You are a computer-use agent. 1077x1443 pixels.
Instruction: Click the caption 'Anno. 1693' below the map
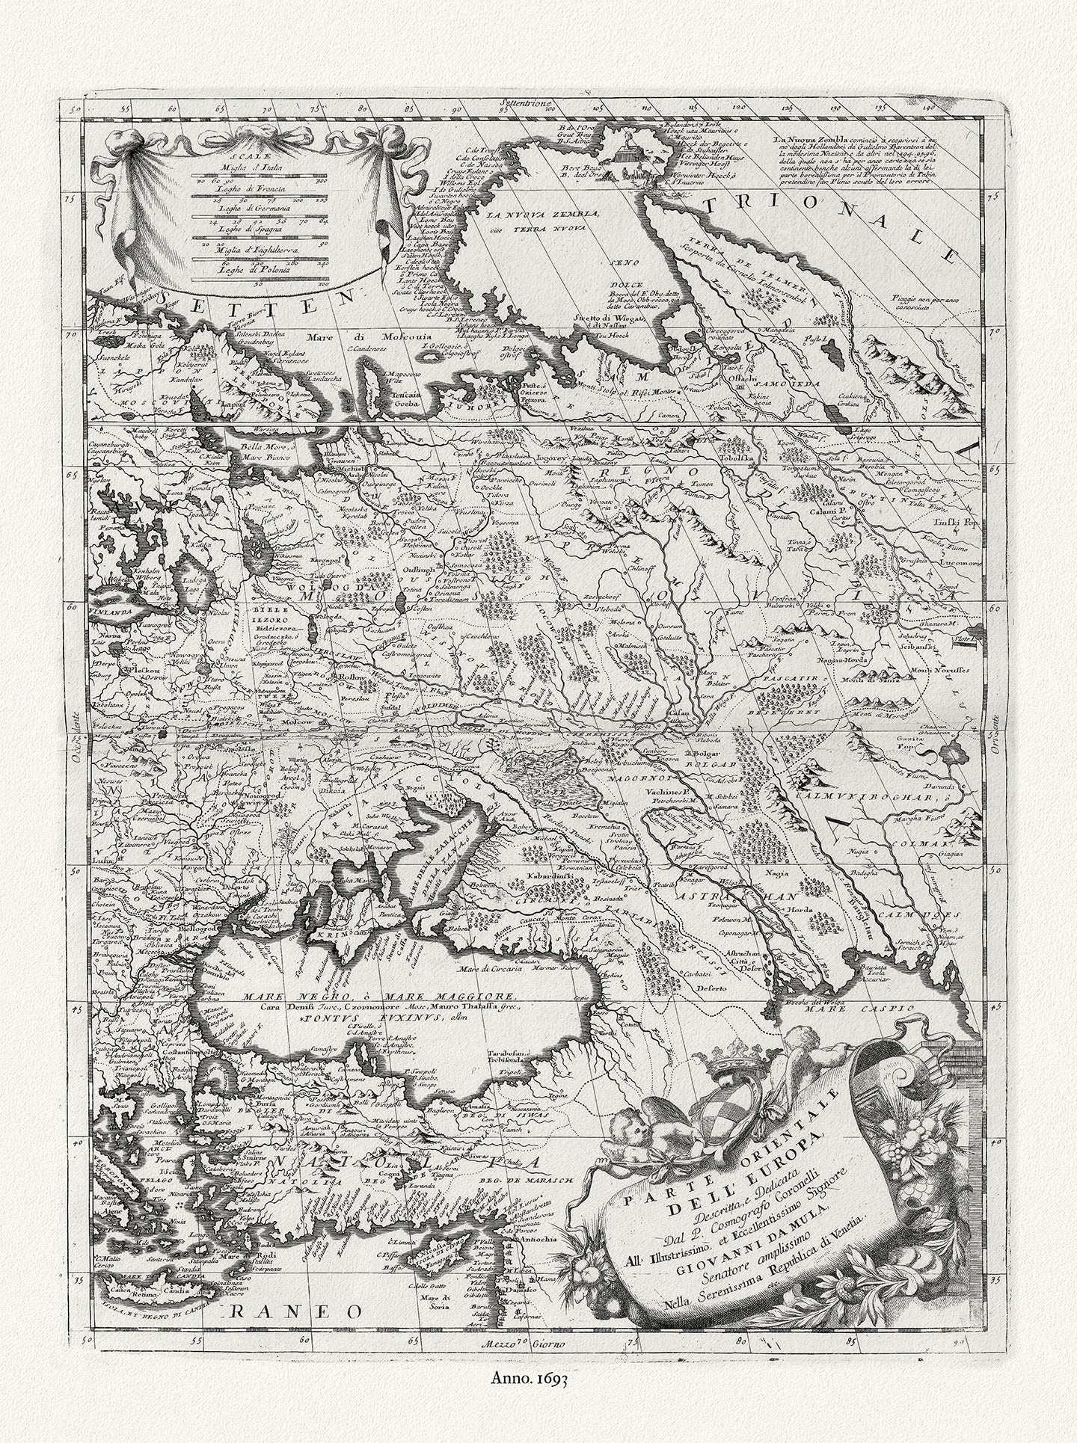click(x=538, y=1395)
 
